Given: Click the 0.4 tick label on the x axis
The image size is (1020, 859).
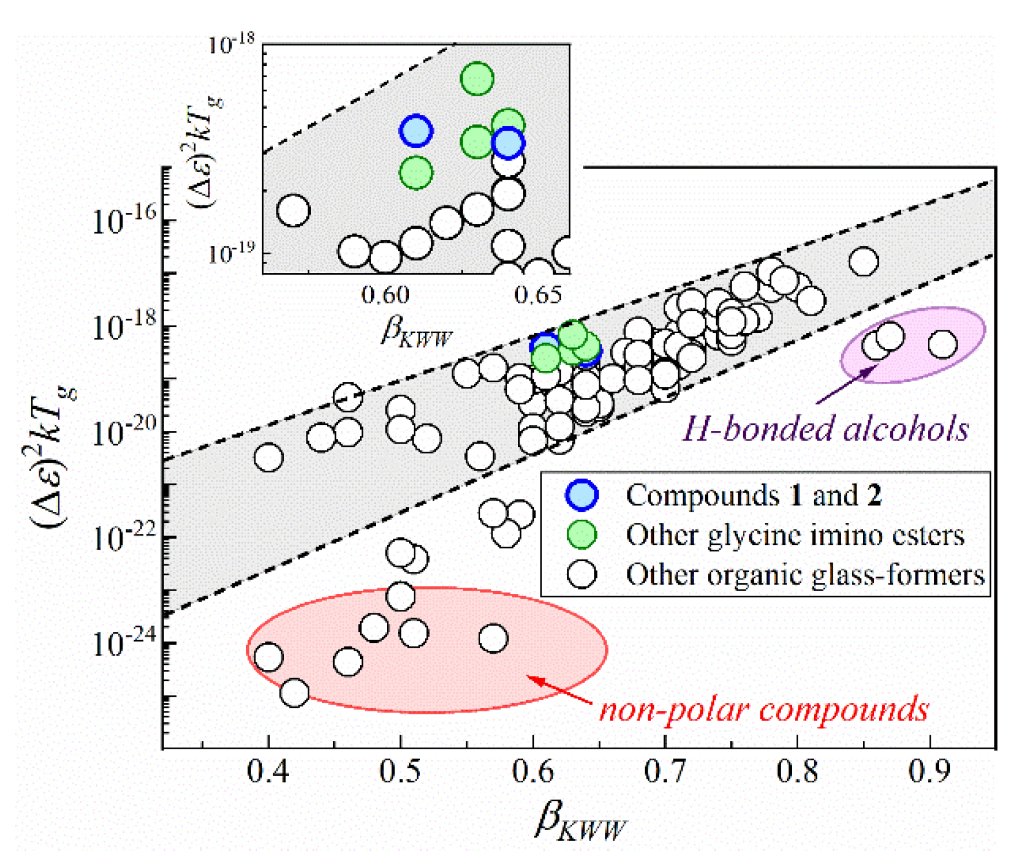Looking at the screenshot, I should (267, 771).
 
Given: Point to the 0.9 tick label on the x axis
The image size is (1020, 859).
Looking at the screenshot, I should (929, 771).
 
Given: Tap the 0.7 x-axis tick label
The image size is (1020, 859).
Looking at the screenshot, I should (665, 771).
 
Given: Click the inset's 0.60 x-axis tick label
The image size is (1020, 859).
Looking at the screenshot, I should (385, 295).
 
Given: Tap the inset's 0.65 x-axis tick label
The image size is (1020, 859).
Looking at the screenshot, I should (538, 295).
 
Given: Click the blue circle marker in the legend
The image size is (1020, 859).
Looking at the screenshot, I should (582, 495).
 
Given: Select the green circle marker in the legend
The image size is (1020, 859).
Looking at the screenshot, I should (582, 535).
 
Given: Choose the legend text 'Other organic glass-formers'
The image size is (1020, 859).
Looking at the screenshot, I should (805, 575).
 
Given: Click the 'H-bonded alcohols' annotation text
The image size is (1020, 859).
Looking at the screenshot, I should (825, 429).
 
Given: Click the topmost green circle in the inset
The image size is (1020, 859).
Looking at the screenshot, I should (477, 79).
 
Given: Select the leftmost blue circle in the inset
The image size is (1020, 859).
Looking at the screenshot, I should (415, 131).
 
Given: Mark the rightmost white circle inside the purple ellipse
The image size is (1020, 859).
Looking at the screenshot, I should (942, 344).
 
